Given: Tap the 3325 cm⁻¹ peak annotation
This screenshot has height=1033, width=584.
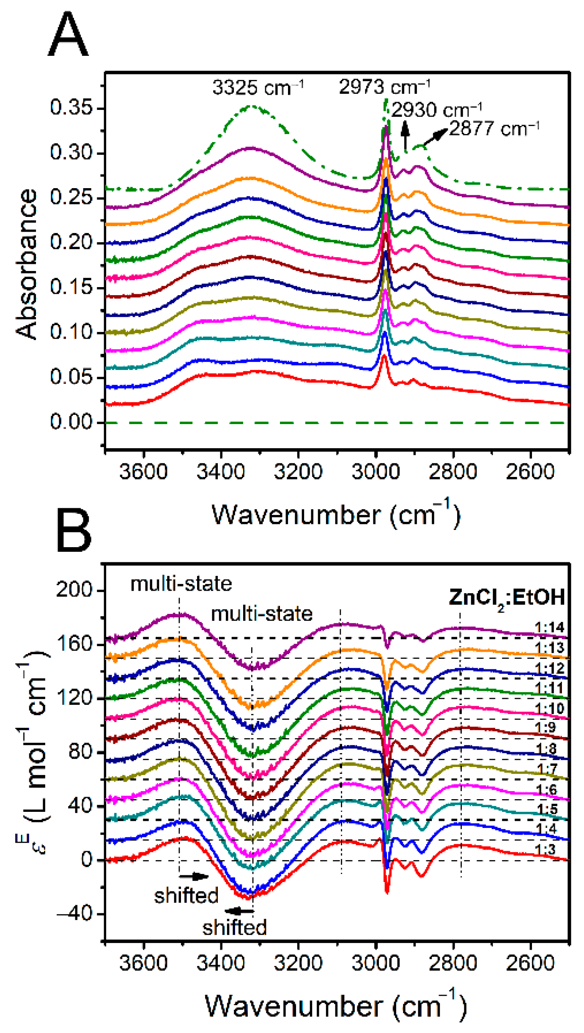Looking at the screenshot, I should (258, 88).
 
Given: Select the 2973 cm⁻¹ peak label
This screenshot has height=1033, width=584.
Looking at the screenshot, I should (384, 87).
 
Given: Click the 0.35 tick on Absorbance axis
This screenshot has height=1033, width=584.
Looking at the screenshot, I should (71, 107).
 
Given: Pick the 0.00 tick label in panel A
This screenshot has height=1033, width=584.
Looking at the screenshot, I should (71, 422).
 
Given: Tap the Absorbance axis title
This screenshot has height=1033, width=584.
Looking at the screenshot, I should (26, 264).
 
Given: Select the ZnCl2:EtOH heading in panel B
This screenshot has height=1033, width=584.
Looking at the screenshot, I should (507, 598).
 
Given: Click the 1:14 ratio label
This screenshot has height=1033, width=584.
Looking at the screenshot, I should (549, 627).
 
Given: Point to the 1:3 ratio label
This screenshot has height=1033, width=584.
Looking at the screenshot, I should (546, 849).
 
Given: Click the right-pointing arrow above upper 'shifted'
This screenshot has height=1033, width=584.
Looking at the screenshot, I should (194, 877).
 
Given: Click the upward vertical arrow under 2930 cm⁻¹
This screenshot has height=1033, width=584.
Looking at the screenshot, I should (405, 136).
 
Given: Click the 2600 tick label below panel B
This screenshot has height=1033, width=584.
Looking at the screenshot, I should (530, 963).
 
